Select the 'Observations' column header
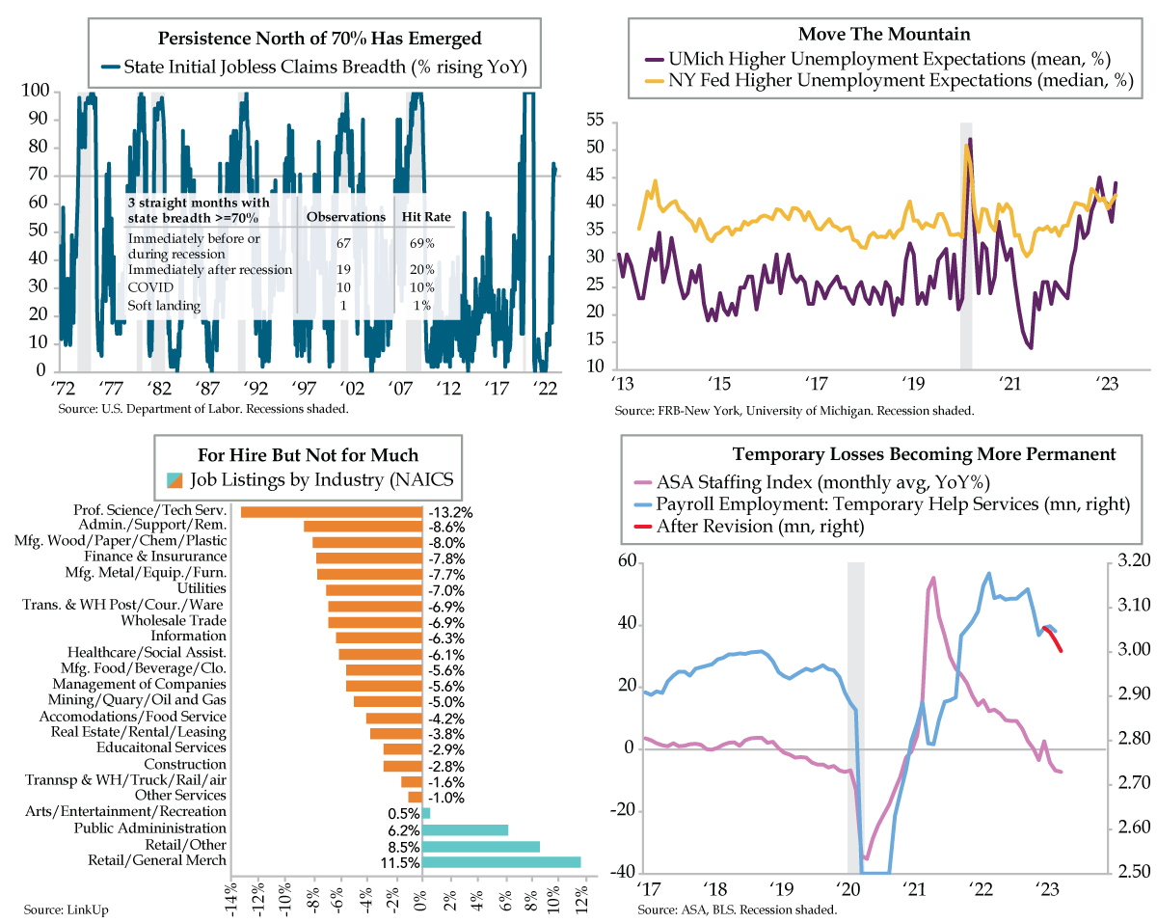[x=346, y=217]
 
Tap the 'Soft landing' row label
[x=164, y=306]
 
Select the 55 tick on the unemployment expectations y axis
[x=594, y=122]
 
